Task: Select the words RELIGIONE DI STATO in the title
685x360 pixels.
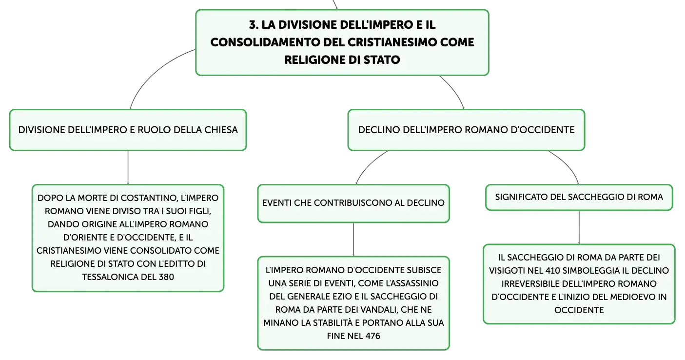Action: tap(342, 60)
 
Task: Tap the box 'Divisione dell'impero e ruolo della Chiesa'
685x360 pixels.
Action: tap(128, 130)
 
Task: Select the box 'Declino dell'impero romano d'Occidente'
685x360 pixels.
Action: tap(467, 130)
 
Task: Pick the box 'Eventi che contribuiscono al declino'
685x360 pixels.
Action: tap(353, 203)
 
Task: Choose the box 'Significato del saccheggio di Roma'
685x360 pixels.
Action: tap(579, 197)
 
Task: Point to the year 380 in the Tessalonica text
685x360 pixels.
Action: tap(166, 277)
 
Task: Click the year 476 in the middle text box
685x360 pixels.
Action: tap(372, 336)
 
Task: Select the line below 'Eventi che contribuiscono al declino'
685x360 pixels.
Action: tap(353, 240)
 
